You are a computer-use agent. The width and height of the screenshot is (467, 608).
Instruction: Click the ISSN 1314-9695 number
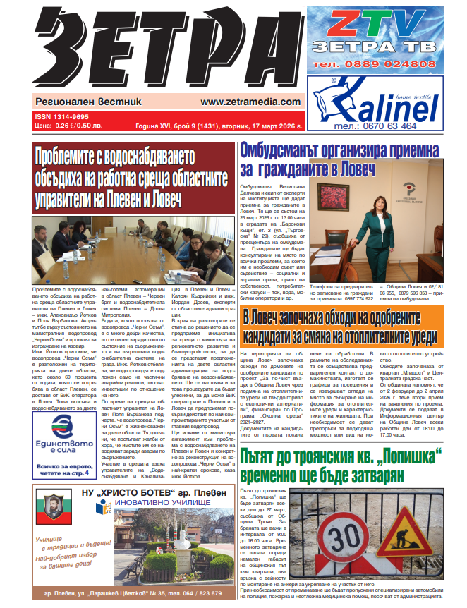coord(61,117)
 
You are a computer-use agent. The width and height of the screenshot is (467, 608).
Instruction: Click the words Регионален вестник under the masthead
coord(78,102)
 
